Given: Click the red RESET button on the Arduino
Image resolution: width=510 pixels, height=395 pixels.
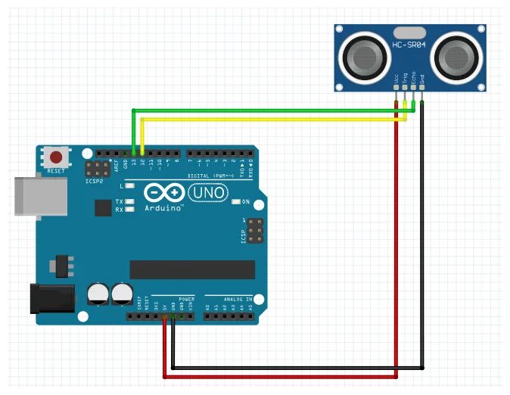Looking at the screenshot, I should point(56,158).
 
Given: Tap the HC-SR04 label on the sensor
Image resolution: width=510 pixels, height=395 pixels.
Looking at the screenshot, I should point(409,46).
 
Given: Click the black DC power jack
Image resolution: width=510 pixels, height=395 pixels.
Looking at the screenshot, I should point(51,297).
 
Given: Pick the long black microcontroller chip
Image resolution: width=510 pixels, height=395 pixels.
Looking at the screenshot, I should point(192,269).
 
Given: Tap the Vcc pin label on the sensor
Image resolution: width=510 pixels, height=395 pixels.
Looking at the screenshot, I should point(396,77).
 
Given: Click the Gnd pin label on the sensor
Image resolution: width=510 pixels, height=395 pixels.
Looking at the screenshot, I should point(422,77).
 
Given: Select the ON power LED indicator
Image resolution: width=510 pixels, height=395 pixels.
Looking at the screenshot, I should point(237,202).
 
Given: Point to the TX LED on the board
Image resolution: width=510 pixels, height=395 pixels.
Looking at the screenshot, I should point(130,201).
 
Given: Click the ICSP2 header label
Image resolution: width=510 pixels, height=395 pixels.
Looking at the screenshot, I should point(95,181).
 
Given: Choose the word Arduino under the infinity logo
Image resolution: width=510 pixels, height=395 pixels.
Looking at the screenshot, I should point(163,207).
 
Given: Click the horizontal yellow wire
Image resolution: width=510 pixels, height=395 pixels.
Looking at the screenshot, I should point(272,119).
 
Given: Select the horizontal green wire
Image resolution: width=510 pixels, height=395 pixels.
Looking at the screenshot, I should point(272,111).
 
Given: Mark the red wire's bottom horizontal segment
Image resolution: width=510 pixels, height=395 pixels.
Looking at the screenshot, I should point(280,375).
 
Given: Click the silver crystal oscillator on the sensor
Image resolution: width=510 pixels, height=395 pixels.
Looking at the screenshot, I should point(409,33).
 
